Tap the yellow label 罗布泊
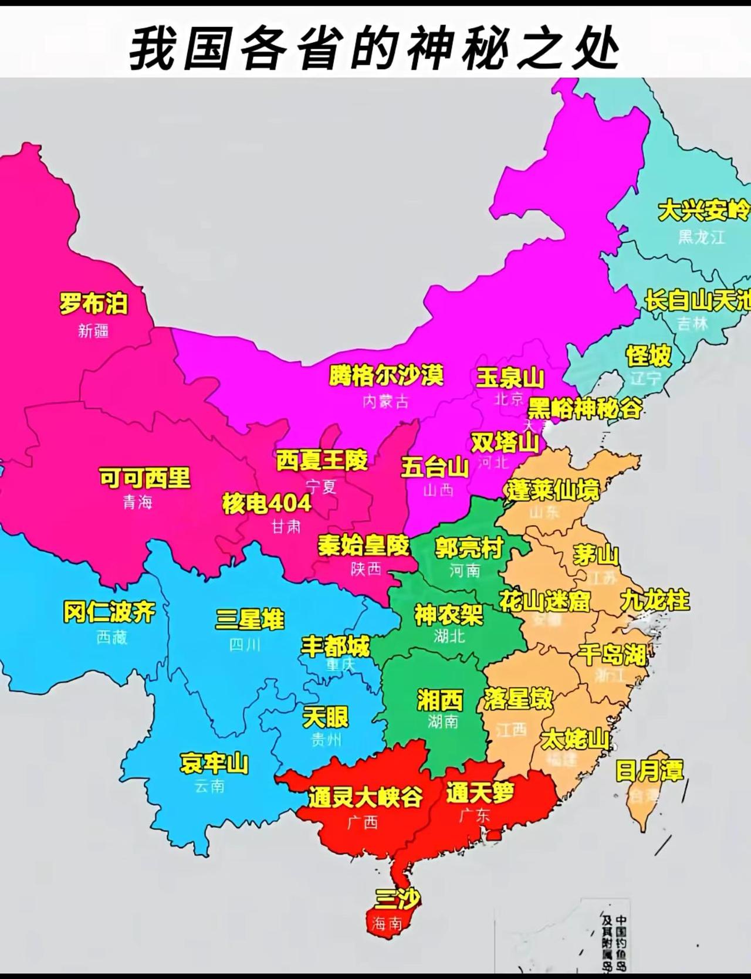click(x=93, y=303)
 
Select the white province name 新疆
click(x=93, y=331)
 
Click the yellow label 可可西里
click(x=144, y=477)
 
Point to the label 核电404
click(x=266, y=503)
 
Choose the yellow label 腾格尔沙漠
click(x=385, y=375)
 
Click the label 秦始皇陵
click(x=363, y=545)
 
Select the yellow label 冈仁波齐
click(x=109, y=612)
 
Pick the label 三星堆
click(x=250, y=619)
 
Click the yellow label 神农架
click(x=449, y=614)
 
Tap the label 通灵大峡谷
click(x=366, y=797)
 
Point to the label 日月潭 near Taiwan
click(x=649, y=770)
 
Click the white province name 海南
click(x=387, y=924)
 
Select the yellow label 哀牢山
click(x=214, y=763)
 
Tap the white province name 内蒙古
click(x=385, y=402)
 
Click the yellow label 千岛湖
click(x=613, y=653)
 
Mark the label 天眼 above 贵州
click(x=326, y=717)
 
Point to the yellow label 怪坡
click(x=648, y=355)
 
